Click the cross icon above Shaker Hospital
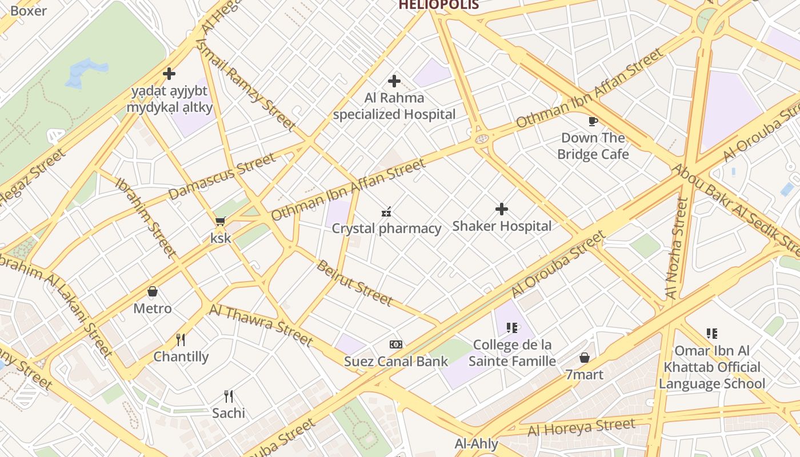coord(502,209)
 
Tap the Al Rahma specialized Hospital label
coord(394,106)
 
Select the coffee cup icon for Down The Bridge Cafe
coord(593,121)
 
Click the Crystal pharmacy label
coord(387,228)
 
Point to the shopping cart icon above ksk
coord(220,221)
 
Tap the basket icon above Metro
coord(153,291)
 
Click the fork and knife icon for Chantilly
coord(181,340)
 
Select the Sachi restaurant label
coord(229,413)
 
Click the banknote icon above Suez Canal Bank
coord(396,344)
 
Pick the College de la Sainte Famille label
coord(512,353)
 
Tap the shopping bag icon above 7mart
coord(584,358)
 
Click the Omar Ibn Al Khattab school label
coord(711,367)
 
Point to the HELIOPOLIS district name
coord(438,5)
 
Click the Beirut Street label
coord(355,283)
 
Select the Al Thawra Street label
coord(261,324)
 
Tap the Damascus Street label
coord(222,176)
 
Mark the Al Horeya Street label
coord(581,427)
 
